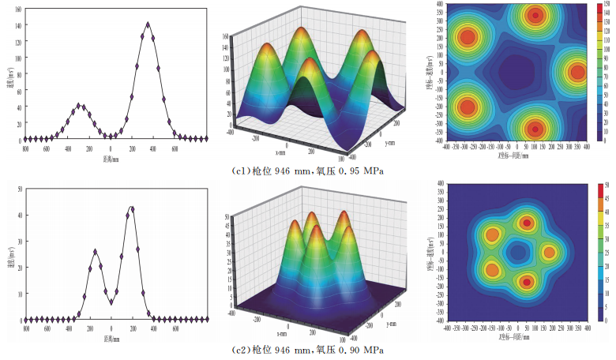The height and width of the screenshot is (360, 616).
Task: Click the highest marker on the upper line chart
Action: coord(148,24)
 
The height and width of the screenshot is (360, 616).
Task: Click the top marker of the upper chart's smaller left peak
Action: coord(80,105)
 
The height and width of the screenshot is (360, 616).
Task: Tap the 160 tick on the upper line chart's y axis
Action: coord(17,9)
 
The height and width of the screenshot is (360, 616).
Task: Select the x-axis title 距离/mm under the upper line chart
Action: coord(111,157)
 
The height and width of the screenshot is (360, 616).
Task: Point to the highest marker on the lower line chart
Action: coord(132,208)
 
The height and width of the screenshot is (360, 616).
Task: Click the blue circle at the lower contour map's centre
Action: coord(517,253)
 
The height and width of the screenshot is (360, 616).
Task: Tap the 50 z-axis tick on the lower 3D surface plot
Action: coord(227,216)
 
